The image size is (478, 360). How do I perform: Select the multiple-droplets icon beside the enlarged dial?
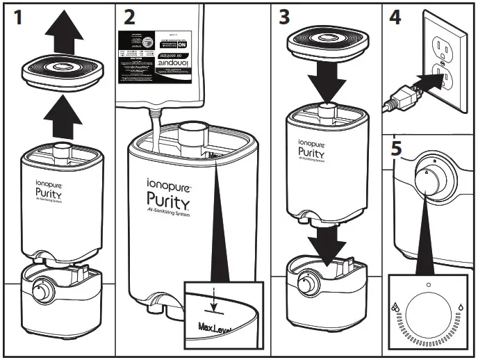pos(396,307)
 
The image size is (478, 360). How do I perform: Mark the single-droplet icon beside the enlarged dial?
pos(461,306)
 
